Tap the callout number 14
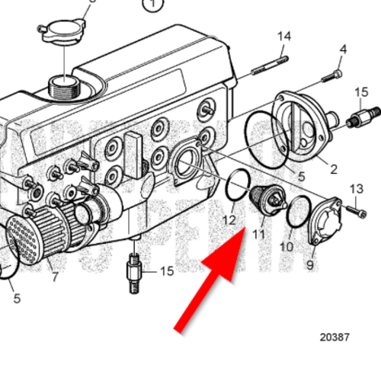point(283,36)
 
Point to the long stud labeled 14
point(271,61)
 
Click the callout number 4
point(342,50)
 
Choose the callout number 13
point(356,188)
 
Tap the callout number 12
point(229,220)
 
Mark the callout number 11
point(258,234)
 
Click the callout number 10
point(286,247)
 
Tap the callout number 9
point(310,265)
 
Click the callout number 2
point(332,167)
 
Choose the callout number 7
point(54,276)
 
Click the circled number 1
point(155,5)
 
